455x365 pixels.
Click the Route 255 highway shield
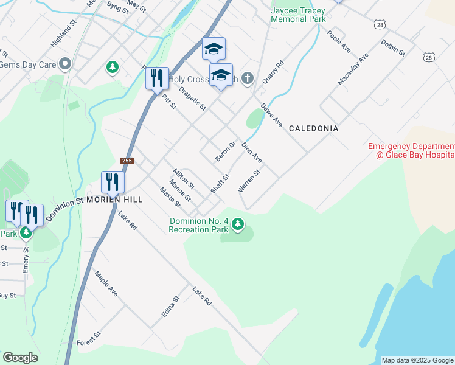pos(127,161)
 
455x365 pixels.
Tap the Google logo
pos(20,358)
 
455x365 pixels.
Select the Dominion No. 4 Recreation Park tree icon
pos(238,225)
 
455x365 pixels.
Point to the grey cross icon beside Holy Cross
pos(247,78)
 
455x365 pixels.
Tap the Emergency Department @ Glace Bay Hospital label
pos(411,151)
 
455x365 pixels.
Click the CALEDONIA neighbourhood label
pos(313,129)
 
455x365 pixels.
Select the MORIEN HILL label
pos(114,200)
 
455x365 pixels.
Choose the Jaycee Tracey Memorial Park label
pos(299,15)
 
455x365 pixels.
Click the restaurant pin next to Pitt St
pos(157,78)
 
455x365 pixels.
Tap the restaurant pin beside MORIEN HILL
pos(113,182)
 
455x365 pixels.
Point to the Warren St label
pos(249,181)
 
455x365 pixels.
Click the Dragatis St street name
pos(193,99)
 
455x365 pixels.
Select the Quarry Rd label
pos(273,72)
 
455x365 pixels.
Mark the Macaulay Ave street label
pos(353,69)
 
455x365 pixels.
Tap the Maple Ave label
pos(106,283)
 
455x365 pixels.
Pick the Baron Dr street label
pos(224,151)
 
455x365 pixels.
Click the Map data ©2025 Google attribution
pos(417,360)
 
